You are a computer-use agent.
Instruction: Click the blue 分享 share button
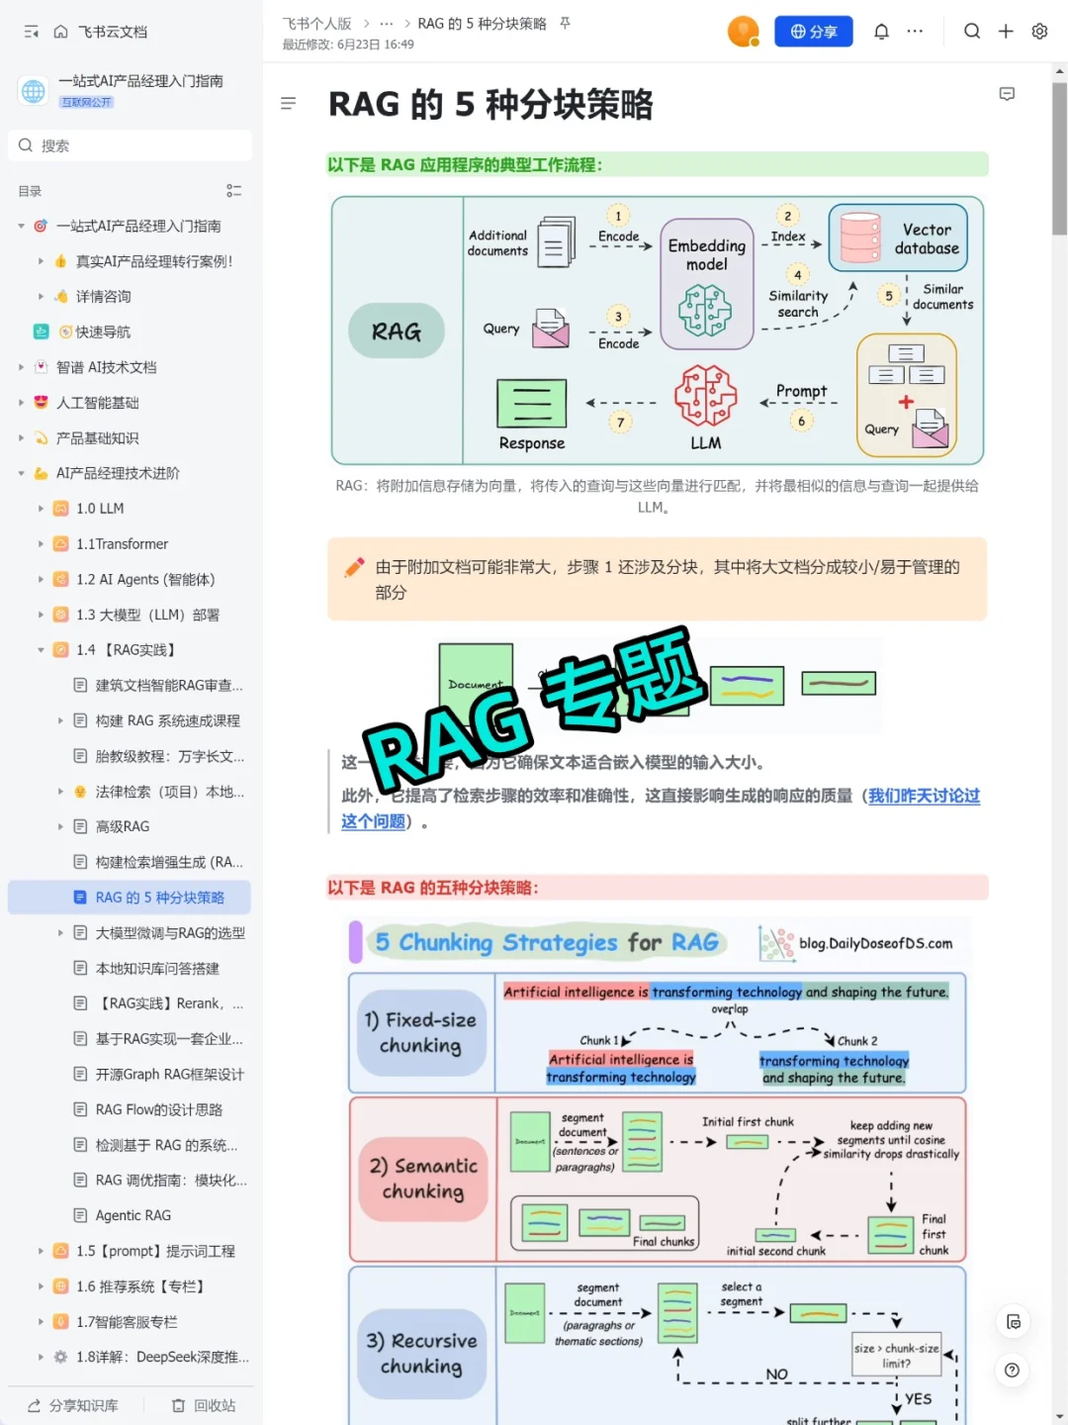(813, 32)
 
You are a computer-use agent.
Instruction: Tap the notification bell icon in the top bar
(881, 32)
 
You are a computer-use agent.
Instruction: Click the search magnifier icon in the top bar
(972, 32)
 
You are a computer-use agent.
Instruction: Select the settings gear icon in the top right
(1039, 32)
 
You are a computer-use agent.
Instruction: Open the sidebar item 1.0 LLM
(100, 509)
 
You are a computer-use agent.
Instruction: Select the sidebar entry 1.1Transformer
(122, 544)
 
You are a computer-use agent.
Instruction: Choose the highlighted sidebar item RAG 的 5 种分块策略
(159, 898)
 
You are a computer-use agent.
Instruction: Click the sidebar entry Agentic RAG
(133, 1215)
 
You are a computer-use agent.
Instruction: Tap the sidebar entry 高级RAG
(123, 826)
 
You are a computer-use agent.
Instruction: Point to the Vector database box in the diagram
(898, 238)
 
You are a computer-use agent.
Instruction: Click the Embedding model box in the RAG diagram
(706, 284)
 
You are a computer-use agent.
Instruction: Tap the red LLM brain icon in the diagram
(705, 396)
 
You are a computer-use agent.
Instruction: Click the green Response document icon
(532, 404)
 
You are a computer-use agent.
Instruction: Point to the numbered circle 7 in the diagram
(620, 423)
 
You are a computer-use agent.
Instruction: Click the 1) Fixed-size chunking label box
(421, 1032)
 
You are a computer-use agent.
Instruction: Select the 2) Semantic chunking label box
(423, 1179)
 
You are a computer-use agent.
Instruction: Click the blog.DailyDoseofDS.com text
(875, 943)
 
